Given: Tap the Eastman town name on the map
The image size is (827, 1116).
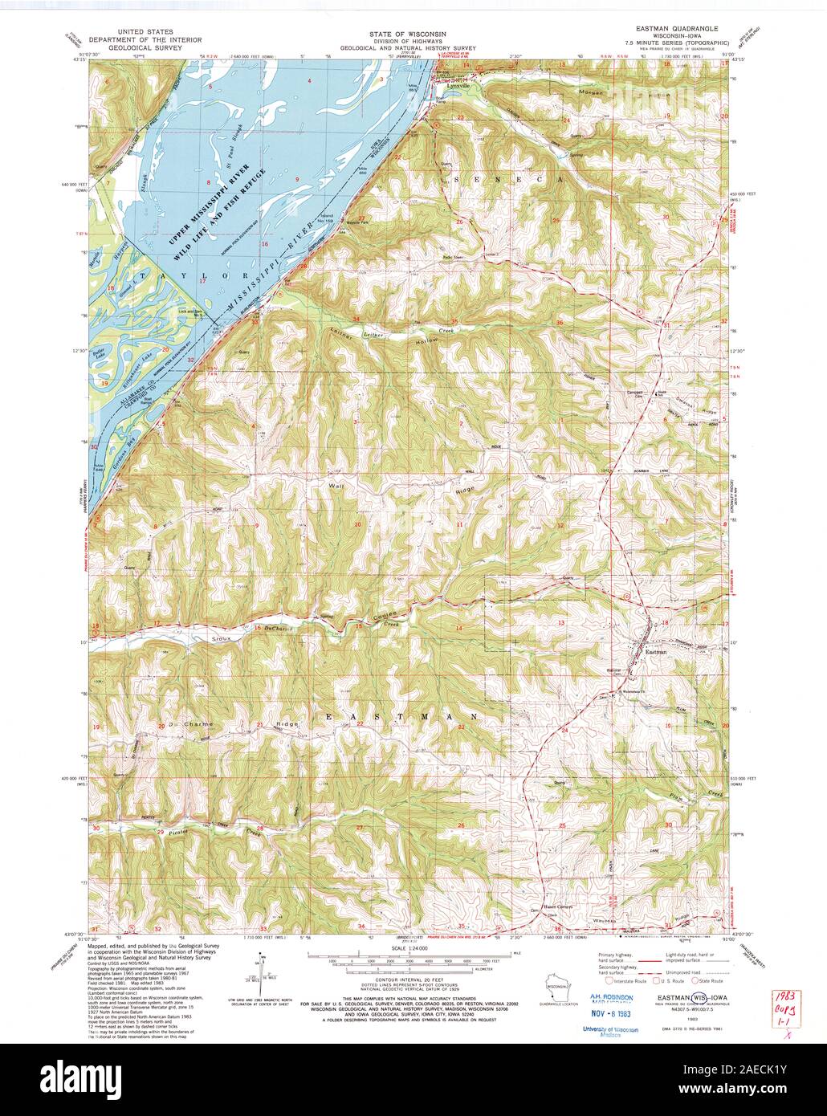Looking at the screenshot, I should (656, 651).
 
